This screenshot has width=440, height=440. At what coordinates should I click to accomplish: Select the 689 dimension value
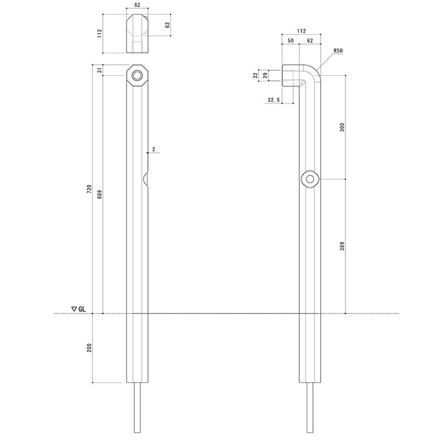pos(100,194)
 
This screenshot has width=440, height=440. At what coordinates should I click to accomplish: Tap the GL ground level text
pos(82,309)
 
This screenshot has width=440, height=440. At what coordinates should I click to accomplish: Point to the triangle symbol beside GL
pos(74,309)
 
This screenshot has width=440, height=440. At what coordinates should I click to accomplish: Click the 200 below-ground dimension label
pos(89,348)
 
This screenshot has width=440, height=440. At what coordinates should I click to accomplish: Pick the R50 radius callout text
pos(338,51)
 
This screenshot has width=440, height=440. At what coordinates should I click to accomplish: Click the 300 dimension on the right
pos(342,127)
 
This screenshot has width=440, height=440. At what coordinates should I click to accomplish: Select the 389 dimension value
pos(342,246)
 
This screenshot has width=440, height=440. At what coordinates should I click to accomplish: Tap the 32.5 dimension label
pos(273,100)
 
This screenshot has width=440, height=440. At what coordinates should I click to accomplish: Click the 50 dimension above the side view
pos(290,40)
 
